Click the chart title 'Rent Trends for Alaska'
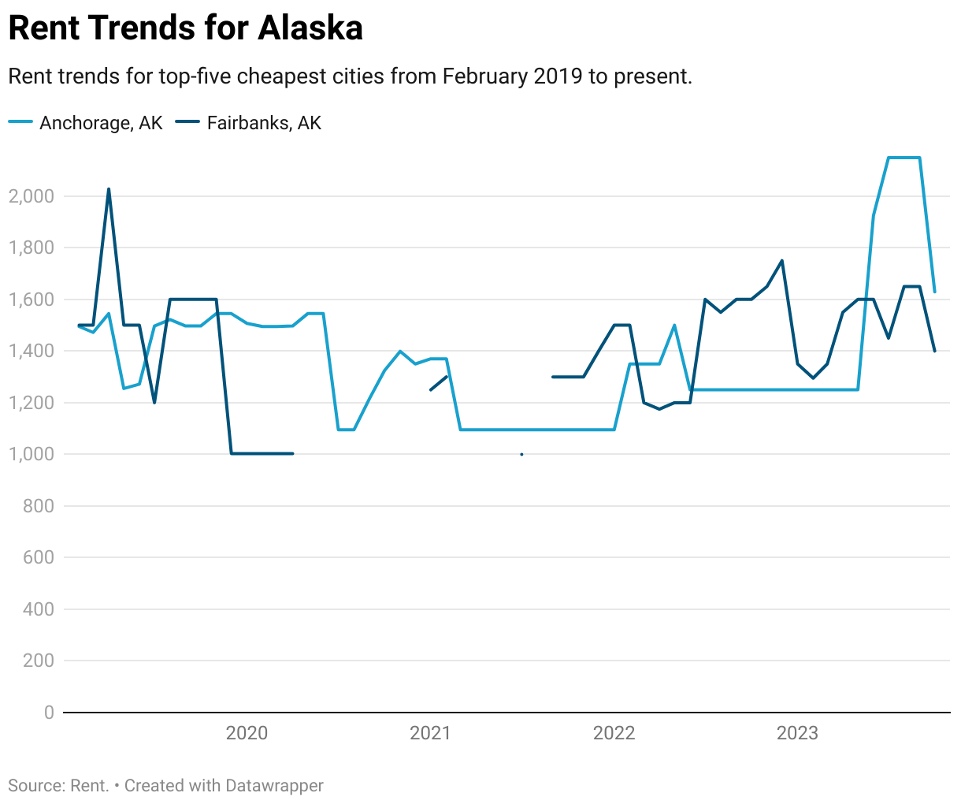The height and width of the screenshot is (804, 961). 185,28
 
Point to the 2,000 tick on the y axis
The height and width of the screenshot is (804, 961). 32,196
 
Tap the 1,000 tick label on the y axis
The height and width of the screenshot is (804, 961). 32,454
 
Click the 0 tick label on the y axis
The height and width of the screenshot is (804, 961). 49,713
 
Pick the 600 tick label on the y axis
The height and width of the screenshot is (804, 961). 38,557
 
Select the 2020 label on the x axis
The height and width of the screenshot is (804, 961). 247,733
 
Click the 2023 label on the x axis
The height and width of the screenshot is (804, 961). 797,733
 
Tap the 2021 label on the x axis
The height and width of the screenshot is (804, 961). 430,733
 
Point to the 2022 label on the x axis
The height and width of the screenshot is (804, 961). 614,733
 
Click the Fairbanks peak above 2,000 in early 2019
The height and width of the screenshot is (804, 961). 109,189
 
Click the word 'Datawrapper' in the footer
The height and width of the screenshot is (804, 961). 274,786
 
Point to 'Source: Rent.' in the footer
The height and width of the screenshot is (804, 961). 58,786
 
